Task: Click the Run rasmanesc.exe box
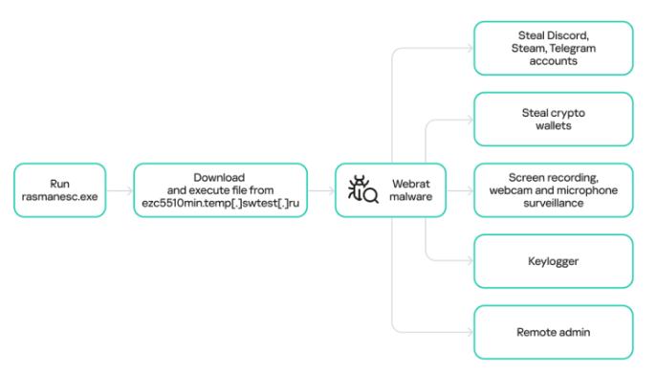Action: click(x=60, y=190)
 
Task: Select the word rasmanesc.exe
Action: click(x=60, y=197)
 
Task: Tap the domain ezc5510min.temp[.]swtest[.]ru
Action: click(x=221, y=204)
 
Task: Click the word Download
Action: click(x=219, y=178)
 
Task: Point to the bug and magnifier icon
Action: click(x=362, y=189)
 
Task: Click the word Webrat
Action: click(x=411, y=184)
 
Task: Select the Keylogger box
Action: click(x=553, y=261)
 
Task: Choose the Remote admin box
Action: click(x=553, y=332)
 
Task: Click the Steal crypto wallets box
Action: click(x=553, y=120)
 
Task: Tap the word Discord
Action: click(x=568, y=35)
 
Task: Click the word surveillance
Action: click(x=553, y=204)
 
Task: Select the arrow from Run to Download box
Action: click(x=120, y=191)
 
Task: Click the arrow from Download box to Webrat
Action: click(x=321, y=191)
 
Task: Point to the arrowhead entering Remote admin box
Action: click(x=470, y=332)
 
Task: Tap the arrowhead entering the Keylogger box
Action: click(x=470, y=261)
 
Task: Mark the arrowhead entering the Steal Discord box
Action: click(x=470, y=49)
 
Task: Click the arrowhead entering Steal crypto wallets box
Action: click(x=470, y=121)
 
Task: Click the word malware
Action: click(x=411, y=197)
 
